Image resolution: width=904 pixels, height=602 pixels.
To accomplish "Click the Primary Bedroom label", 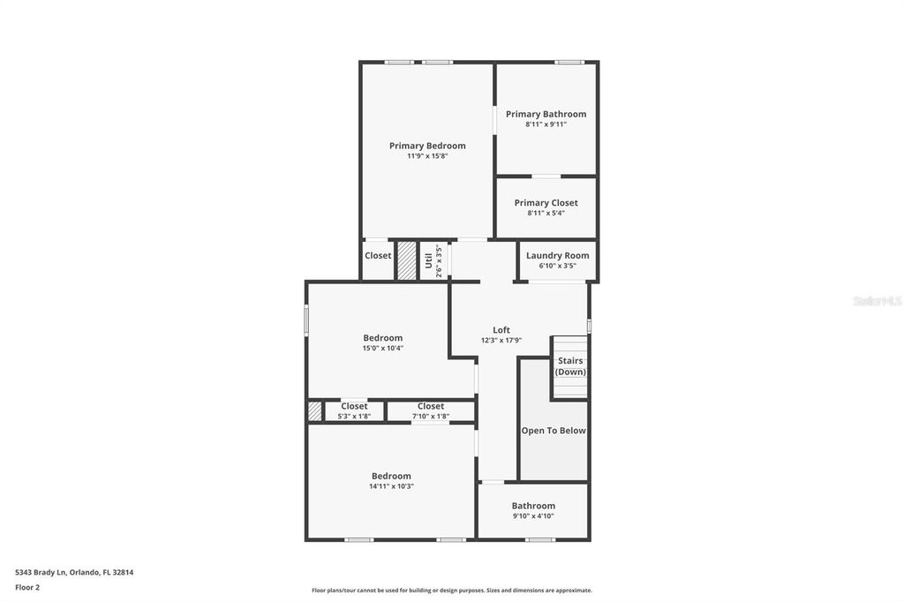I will (427, 146).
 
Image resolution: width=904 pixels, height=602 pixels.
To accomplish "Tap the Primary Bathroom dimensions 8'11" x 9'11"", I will (546, 124).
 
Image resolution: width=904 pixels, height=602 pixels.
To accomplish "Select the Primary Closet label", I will (546, 203).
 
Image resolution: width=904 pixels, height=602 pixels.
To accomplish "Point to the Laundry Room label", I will (557, 256).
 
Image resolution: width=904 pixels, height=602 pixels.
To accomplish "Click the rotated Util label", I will (428, 260).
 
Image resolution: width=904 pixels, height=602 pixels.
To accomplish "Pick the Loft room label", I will (501, 330).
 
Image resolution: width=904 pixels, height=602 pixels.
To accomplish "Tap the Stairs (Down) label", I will (570, 366).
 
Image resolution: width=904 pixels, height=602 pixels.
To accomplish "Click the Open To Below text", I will (554, 431).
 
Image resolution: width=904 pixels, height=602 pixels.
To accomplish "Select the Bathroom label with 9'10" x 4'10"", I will (533, 506).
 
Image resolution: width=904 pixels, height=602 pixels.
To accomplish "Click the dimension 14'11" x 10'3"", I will (391, 486).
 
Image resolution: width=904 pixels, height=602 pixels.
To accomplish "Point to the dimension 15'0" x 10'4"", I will (383, 348).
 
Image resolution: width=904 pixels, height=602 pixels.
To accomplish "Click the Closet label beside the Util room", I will (378, 256).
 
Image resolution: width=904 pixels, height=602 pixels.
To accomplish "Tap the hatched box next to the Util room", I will (406, 260).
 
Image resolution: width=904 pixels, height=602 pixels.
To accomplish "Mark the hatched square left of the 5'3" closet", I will (315, 411).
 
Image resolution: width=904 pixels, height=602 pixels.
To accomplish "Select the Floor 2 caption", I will (27, 587).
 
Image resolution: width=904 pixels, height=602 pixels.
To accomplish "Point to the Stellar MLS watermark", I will (877, 301).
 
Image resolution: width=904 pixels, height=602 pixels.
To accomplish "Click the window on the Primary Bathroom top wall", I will (569, 62).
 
